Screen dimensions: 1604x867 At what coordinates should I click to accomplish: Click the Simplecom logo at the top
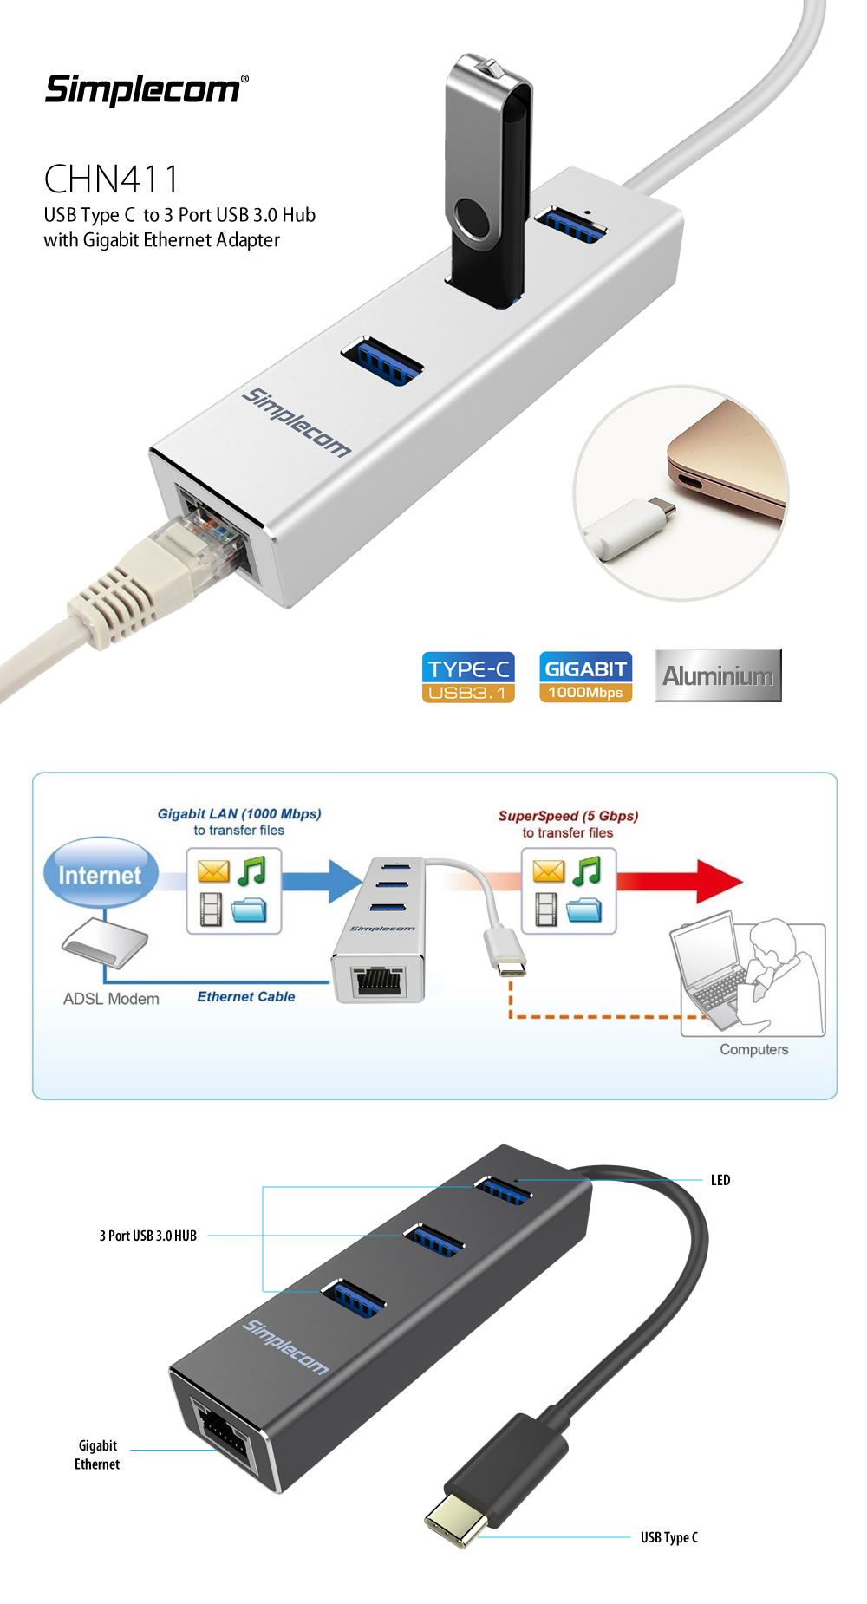pyautogui.click(x=146, y=89)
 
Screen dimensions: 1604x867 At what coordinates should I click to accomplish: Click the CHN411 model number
pyautogui.click(x=111, y=179)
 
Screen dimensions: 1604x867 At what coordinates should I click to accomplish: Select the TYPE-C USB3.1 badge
pyautogui.click(x=468, y=676)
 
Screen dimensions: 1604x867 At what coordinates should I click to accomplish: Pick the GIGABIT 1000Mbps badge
pyautogui.click(x=585, y=676)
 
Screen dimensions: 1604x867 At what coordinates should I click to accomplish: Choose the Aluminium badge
pyautogui.click(x=718, y=675)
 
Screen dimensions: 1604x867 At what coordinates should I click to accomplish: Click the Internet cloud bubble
pyautogui.click(x=100, y=874)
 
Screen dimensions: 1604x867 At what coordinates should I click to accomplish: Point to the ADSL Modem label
pyautogui.click(x=111, y=999)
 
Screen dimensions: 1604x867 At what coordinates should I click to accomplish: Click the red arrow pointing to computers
pyautogui.click(x=685, y=881)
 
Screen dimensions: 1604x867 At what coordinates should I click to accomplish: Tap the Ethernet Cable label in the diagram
pyautogui.click(x=245, y=997)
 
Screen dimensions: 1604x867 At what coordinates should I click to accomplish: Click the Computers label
pyautogui.click(x=753, y=1049)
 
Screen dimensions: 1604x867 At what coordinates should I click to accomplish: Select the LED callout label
pyautogui.click(x=720, y=1180)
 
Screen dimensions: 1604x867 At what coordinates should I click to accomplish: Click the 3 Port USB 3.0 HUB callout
pyautogui.click(x=148, y=1236)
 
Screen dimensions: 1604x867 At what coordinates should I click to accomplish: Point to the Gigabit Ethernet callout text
pyautogui.click(x=97, y=1455)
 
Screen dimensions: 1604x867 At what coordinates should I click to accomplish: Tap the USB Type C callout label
pyautogui.click(x=668, y=1537)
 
